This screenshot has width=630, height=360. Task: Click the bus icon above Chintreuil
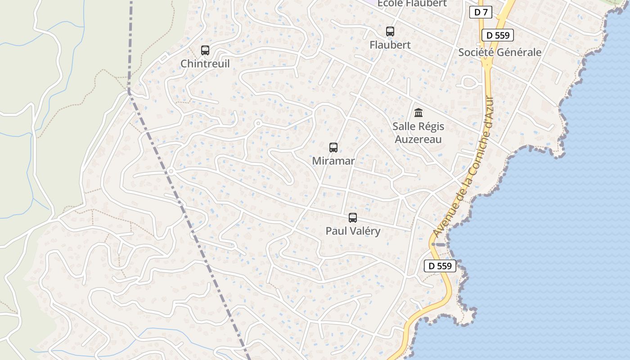point(205,50)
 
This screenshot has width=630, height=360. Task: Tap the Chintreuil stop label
point(205,64)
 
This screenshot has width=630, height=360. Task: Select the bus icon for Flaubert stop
point(390,31)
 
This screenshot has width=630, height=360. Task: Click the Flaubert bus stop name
point(390,45)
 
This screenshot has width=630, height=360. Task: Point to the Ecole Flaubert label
point(412,4)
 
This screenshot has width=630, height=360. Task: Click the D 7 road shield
point(480,12)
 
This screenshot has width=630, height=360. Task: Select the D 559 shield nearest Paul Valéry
point(440,266)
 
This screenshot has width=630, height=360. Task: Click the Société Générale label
point(499,52)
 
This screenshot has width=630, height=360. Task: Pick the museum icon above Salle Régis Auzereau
point(418,112)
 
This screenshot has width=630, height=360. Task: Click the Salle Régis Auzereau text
point(418,133)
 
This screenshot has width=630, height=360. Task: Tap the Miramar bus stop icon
point(333,148)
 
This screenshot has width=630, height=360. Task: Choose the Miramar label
point(333,161)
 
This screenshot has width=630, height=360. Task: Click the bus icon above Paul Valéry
point(353,218)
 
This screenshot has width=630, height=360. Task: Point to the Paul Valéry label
point(353,231)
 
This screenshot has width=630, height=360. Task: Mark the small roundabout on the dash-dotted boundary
point(171,171)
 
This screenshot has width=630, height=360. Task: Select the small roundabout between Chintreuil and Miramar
point(258,123)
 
